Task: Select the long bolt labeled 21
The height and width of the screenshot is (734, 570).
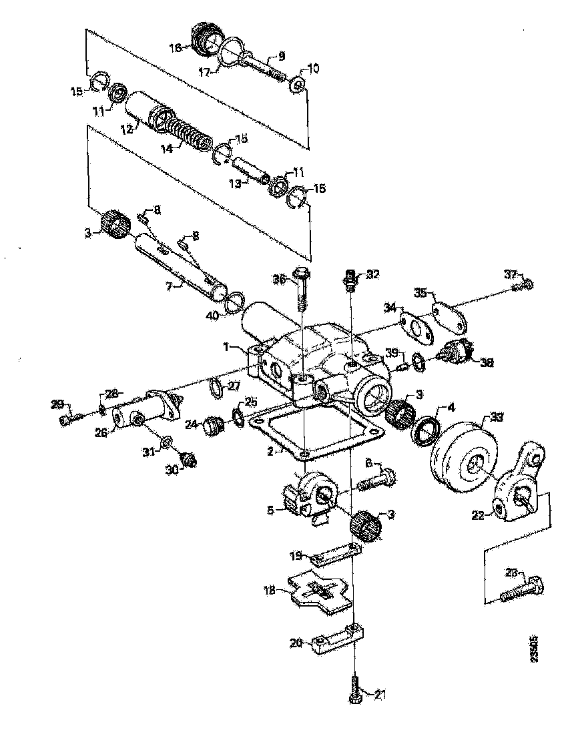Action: (x=354, y=687)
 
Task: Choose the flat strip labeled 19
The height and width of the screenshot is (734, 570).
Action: (x=338, y=556)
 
